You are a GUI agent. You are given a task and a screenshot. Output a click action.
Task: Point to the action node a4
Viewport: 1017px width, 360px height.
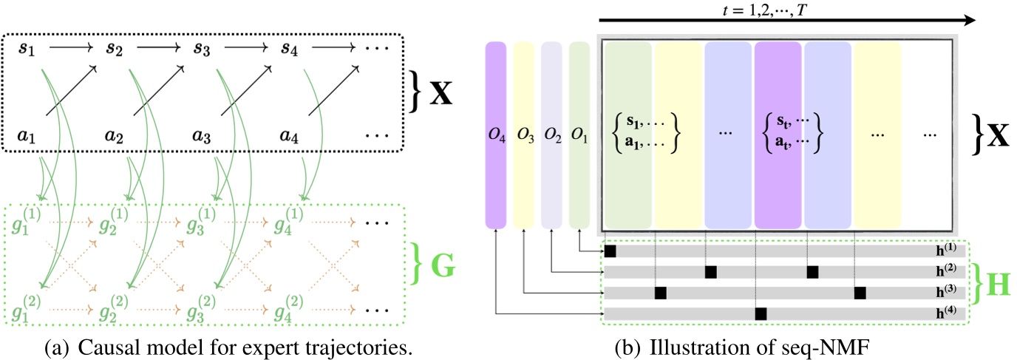click(290, 136)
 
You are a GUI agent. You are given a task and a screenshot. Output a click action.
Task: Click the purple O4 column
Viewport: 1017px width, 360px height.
click(496, 135)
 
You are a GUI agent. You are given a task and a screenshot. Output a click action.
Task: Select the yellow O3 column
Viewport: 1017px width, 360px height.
click(523, 135)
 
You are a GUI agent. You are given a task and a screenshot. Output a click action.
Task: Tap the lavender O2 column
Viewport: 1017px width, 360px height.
click(551, 135)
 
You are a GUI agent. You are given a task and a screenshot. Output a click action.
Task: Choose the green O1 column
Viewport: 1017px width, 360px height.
click(579, 135)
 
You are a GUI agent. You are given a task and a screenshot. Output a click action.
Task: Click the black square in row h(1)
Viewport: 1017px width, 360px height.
click(610, 251)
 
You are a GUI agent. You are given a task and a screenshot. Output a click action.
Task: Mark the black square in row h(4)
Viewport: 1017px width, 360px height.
click(761, 314)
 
